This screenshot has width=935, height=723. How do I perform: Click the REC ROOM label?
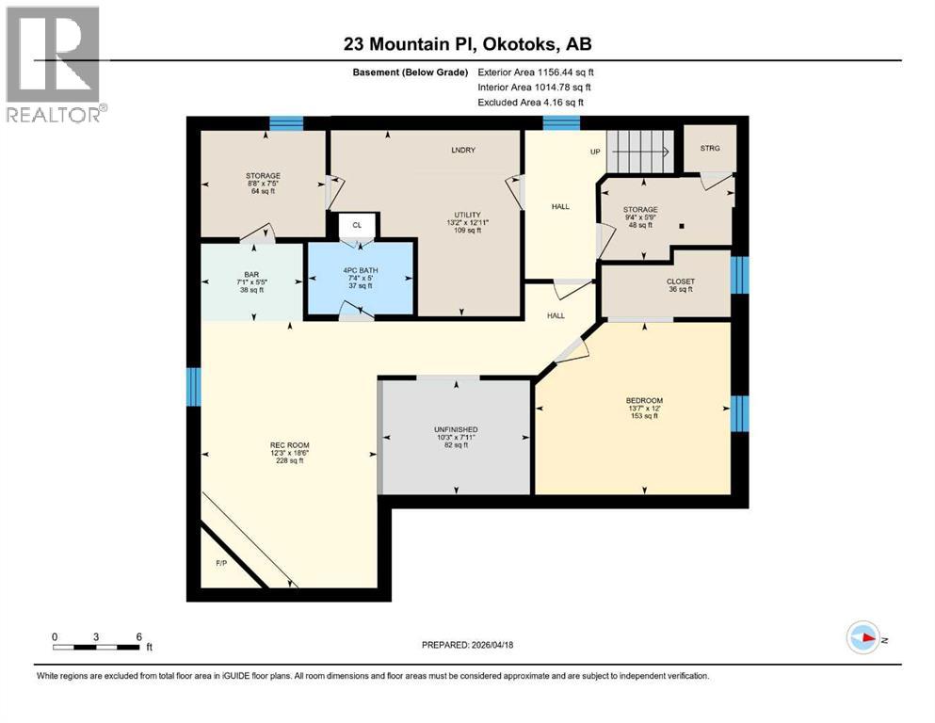coord(290,445)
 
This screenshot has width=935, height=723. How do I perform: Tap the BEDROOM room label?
coord(644,400)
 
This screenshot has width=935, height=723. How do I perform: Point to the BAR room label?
coord(250,275)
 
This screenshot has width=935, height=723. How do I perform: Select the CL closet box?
coord(357,225)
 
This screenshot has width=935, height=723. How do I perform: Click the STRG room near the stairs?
coord(709,149)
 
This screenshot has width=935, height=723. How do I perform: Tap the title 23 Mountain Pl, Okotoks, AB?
coord(466,44)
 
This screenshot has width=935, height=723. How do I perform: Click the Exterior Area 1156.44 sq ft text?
coord(536,72)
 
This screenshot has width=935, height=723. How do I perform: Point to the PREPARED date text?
coord(467,645)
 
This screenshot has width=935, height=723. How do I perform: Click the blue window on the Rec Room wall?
coord(194,387)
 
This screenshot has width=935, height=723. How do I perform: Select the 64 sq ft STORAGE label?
coord(264,183)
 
